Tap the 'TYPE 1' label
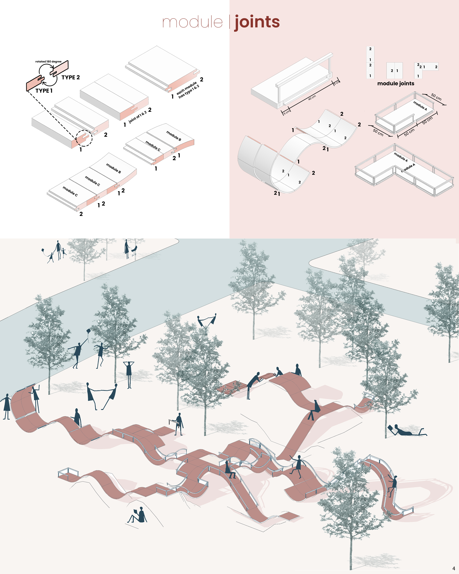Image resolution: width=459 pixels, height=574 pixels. coord(44,91)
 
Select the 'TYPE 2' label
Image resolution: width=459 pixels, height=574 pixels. coord(70,77)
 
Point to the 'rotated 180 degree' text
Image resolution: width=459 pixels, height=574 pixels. coord(48,61)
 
